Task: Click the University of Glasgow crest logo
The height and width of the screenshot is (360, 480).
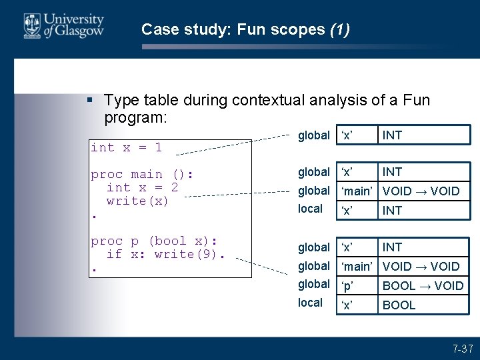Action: (x=32, y=27)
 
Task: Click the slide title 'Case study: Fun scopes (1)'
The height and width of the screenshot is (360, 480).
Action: (x=245, y=29)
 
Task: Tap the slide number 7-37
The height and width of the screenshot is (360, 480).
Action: (x=462, y=349)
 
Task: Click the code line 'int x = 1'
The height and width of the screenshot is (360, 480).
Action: (x=126, y=147)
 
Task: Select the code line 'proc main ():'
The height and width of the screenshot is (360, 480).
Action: (x=142, y=174)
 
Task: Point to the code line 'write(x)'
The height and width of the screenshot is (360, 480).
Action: (x=138, y=201)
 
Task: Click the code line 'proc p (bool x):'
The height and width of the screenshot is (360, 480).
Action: (x=155, y=241)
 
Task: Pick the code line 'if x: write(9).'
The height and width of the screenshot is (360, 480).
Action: (x=166, y=254)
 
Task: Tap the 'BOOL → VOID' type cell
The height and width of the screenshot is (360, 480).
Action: (x=423, y=286)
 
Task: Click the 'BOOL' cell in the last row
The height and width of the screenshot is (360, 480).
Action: (x=399, y=305)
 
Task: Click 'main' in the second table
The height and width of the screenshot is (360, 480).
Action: (x=357, y=191)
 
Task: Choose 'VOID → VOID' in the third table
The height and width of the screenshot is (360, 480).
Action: (x=421, y=267)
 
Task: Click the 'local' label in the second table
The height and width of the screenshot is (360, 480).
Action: (x=310, y=209)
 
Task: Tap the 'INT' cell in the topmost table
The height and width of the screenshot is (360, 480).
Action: (x=392, y=135)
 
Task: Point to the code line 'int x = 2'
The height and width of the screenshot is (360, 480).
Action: (x=142, y=187)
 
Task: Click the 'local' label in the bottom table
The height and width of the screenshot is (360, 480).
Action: (x=310, y=303)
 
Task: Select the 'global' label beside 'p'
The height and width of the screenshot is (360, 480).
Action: (x=314, y=284)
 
